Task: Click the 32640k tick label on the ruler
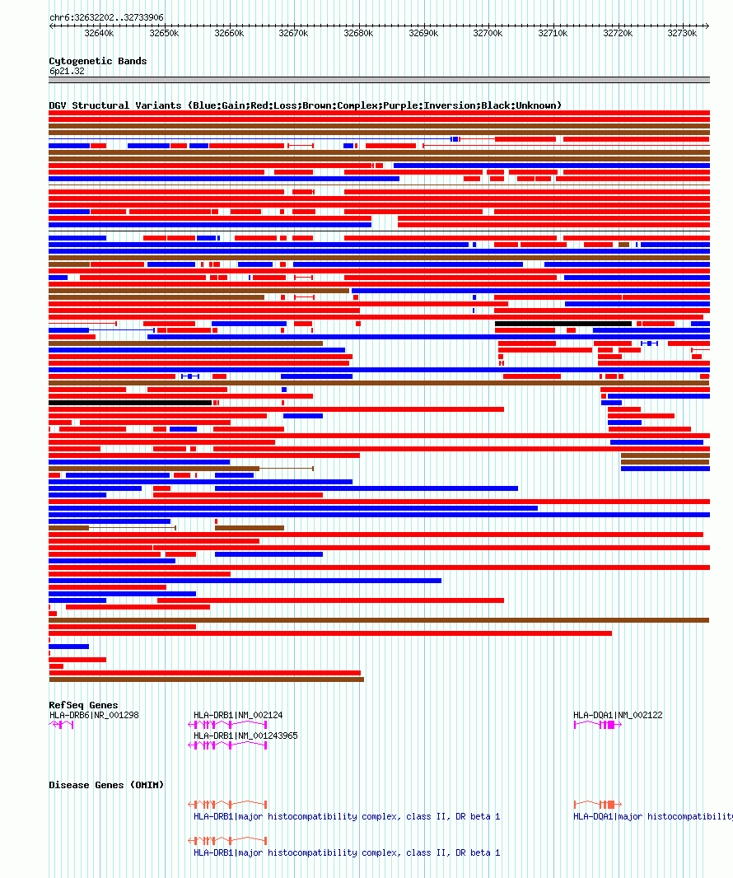click(x=99, y=34)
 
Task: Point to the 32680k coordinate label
click(x=358, y=34)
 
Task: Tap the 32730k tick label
click(x=683, y=34)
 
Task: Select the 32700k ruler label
click(x=488, y=34)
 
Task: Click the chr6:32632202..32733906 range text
click(x=106, y=17)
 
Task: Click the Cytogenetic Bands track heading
click(x=97, y=61)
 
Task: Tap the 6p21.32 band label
click(x=67, y=72)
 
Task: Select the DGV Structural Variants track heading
click(x=305, y=105)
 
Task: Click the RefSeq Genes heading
click(x=83, y=705)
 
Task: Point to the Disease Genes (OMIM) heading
click(x=106, y=785)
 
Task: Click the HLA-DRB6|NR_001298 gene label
click(x=94, y=715)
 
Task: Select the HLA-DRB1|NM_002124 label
click(x=238, y=715)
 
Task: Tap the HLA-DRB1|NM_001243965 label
click(x=245, y=736)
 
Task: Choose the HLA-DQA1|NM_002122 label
click(x=618, y=715)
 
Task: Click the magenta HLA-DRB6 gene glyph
click(x=62, y=725)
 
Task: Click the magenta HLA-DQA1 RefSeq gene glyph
click(x=597, y=725)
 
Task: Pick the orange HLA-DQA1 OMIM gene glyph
click(x=597, y=804)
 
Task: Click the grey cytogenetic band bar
click(x=379, y=80)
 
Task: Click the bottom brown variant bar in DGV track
click(x=206, y=680)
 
